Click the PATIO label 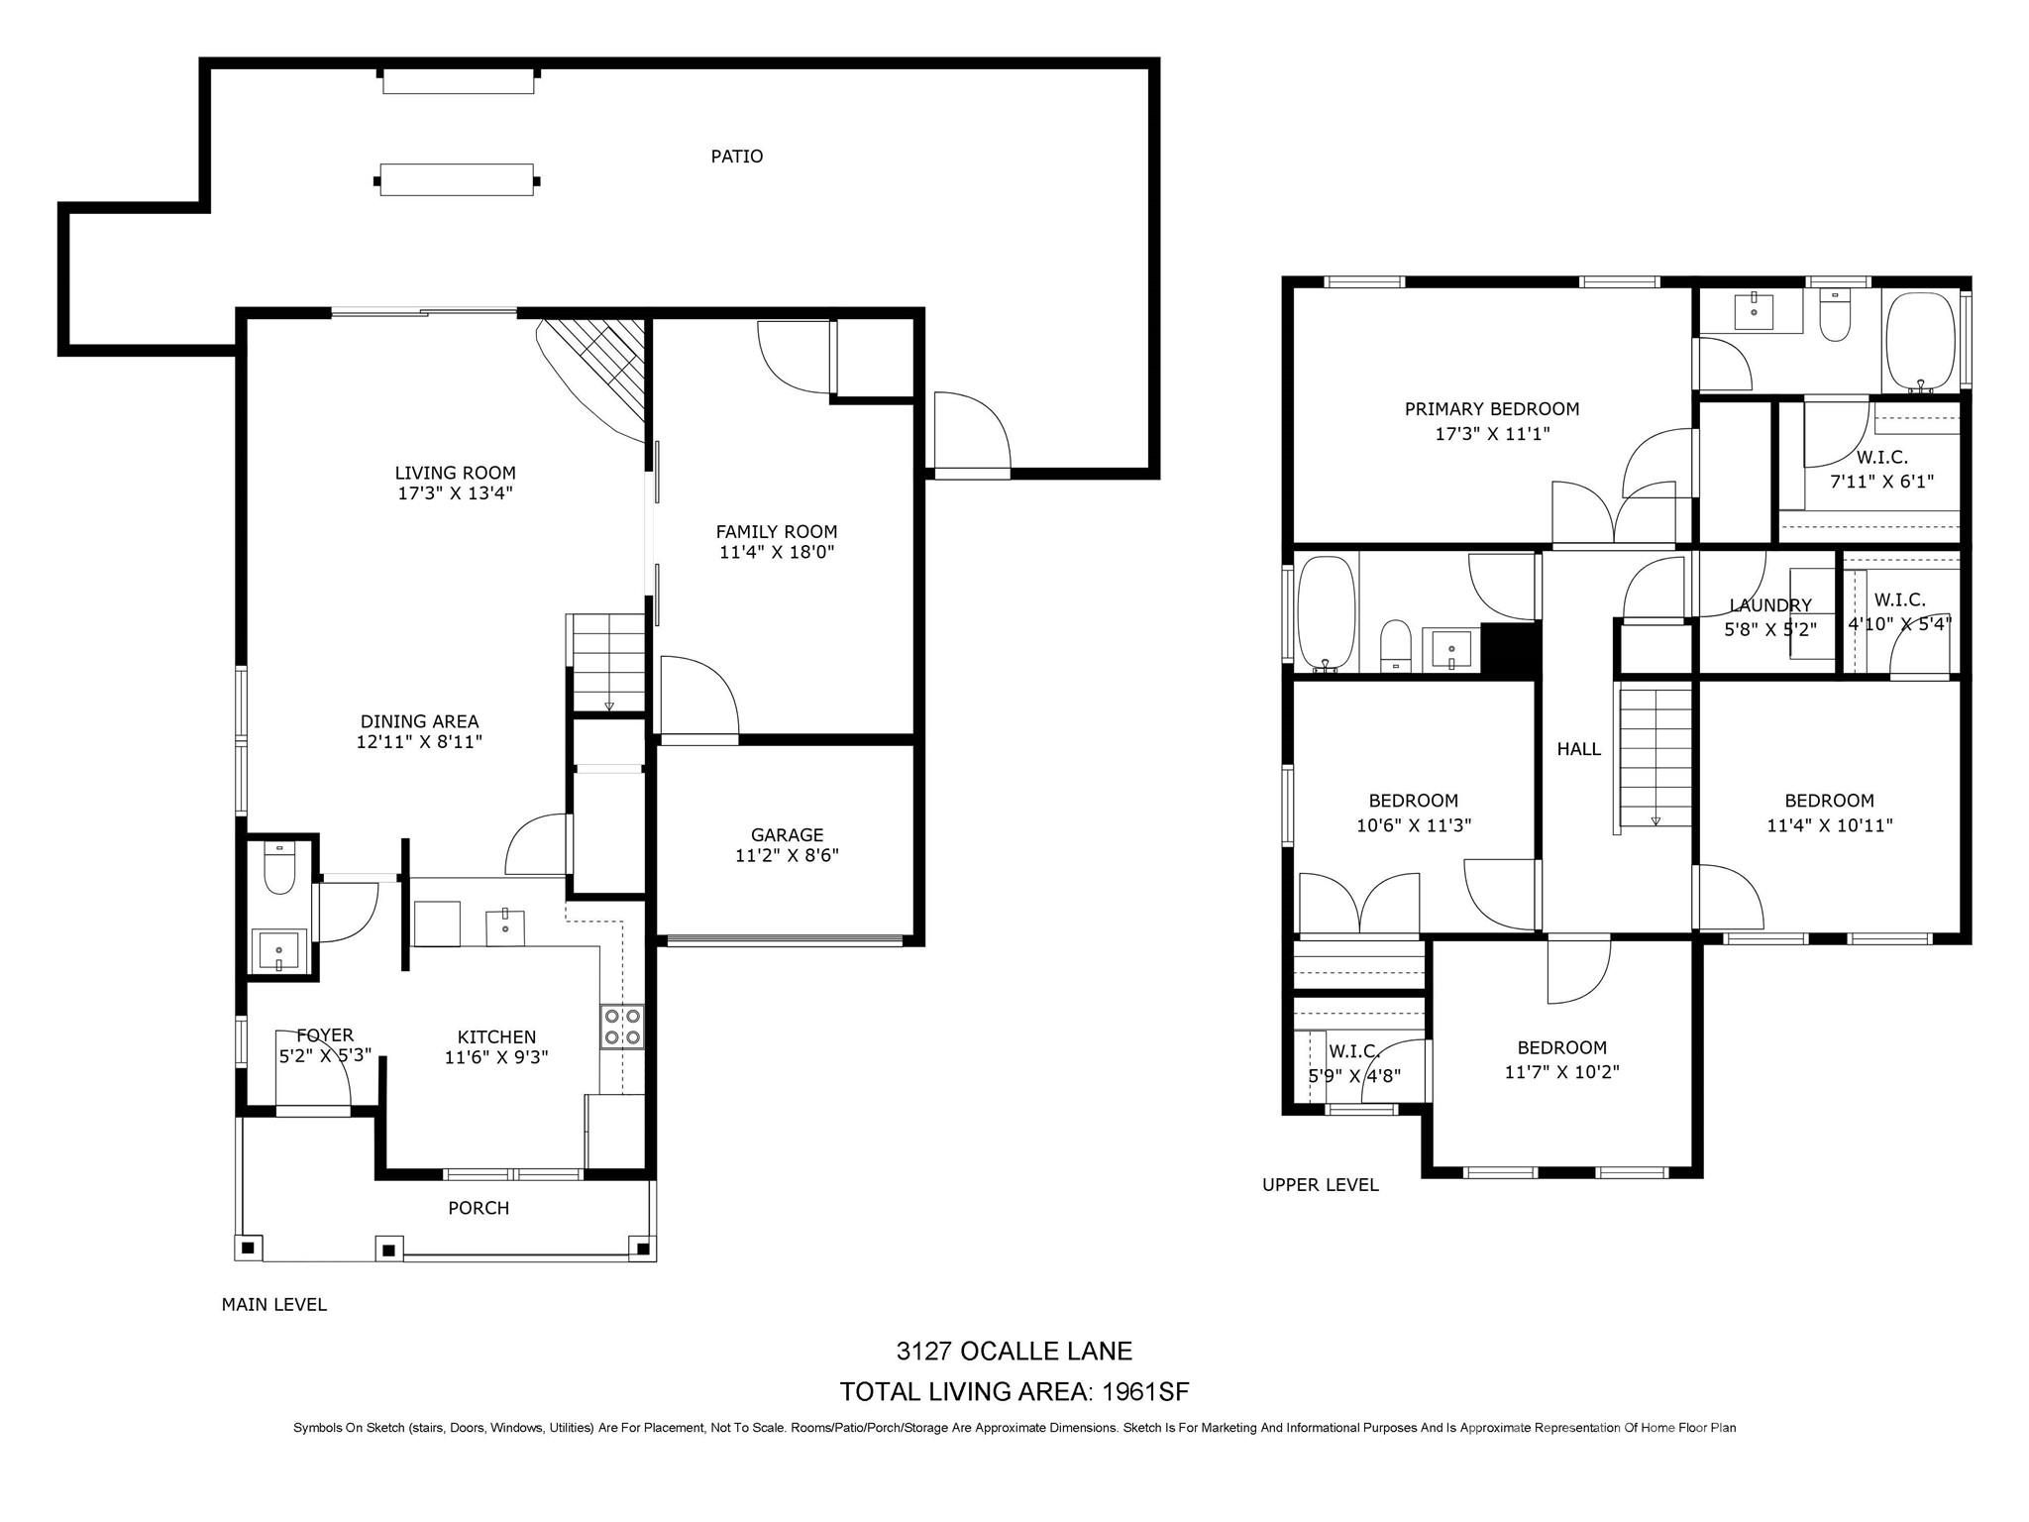[736, 157]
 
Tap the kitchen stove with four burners [622, 1027]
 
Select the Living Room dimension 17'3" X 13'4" [455, 493]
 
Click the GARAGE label [787, 835]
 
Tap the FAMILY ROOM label [777, 532]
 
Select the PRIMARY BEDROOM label [1491, 409]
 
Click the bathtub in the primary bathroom [1920, 341]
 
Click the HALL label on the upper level [1578, 749]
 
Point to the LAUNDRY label [1769, 605]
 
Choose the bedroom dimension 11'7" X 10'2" [1561, 1072]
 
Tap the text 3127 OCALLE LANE [1014, 1351]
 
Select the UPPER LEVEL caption [1320, 1185]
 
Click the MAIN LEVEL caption [273, 1305]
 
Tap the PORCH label [479, 1208]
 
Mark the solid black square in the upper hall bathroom [1508, 649]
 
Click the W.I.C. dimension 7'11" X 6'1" [1880, 482]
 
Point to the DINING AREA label [419, 722]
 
